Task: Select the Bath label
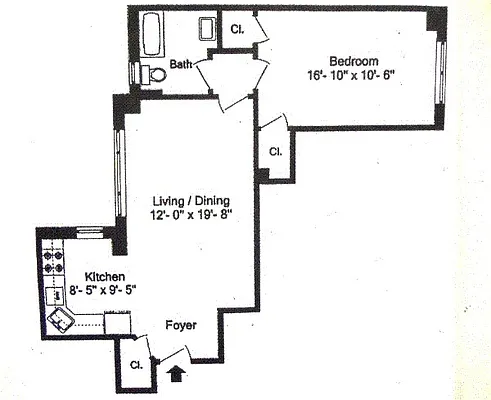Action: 180,65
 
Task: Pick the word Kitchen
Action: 103,276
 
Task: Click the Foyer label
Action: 180,326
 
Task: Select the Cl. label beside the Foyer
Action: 134,365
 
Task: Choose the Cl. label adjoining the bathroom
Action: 238,28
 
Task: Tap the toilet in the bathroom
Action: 150,74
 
